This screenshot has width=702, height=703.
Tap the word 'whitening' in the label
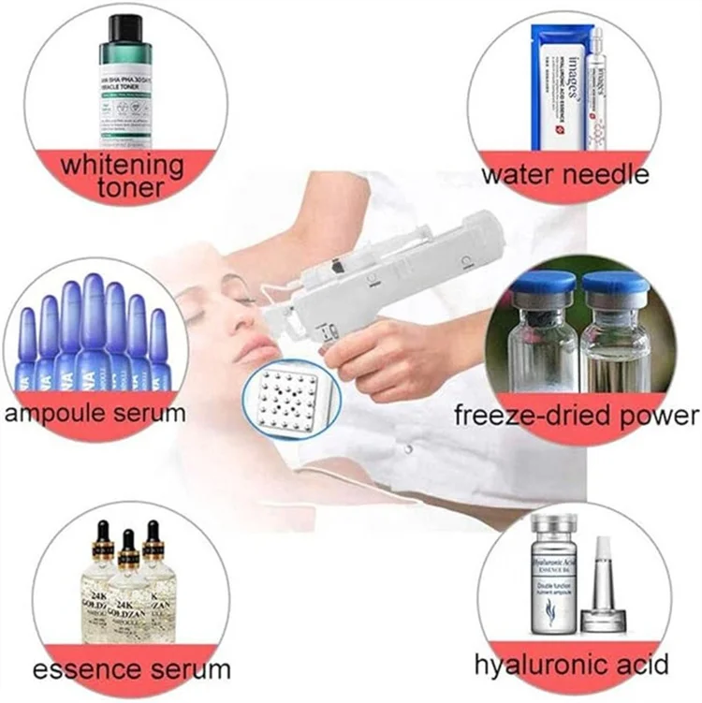click(123, 166)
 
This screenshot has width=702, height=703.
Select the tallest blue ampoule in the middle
click(93, 323)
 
